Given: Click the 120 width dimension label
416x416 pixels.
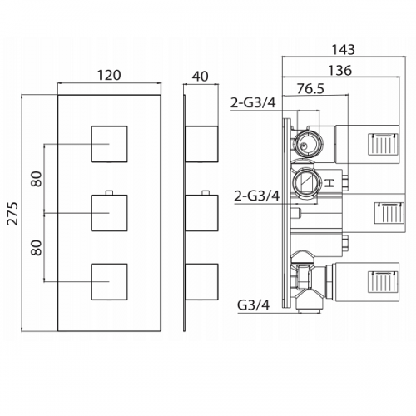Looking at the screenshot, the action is pos(109,75).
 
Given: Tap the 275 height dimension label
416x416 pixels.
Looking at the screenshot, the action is pos(12,214).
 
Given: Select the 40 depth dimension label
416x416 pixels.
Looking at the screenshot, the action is pos(200,77).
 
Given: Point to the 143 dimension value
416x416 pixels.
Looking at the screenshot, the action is pos(344,50).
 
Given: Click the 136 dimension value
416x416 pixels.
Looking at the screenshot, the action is pos(339,70).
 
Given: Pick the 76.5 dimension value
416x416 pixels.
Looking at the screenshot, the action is pos(310,89).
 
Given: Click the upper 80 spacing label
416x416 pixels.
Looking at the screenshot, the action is pos(37,179).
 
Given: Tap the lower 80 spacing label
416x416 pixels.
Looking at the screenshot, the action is pos(37,248).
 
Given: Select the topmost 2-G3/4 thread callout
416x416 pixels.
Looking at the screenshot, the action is pos(254,103).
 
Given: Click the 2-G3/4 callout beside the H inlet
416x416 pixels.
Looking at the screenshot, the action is pos(257,196).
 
